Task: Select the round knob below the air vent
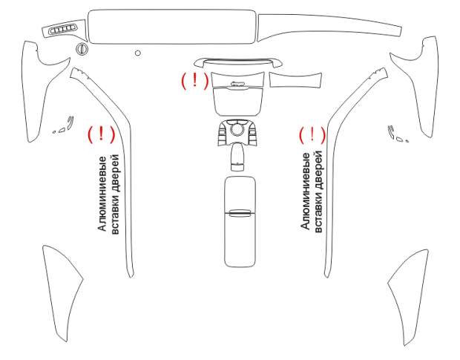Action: point(82,49)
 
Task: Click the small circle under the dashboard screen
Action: point(137,53)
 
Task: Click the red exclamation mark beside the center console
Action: point(194,80)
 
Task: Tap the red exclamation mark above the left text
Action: point(101,134)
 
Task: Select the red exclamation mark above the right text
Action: point(312,134)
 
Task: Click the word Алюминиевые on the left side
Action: point(102,194)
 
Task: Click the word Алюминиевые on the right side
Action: point(306,191)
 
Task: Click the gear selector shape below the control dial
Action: point(237,157)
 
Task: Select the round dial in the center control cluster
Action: point(237,129)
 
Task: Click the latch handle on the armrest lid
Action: point(240,213)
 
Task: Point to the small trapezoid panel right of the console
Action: point(295,80)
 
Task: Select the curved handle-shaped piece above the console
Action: point(238,62)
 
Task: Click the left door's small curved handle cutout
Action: point(70,123)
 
